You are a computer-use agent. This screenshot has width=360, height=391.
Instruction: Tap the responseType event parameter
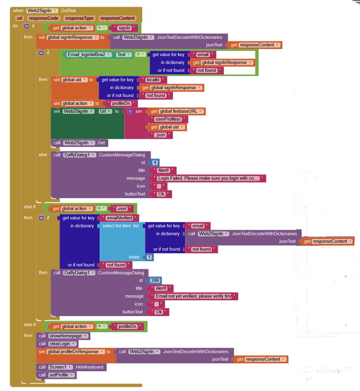tap(78, 18)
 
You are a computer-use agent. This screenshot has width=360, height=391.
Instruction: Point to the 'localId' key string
tap(155, 80)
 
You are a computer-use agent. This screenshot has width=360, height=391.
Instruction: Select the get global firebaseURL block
tap(177, 111)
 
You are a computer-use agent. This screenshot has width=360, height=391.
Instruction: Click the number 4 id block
tap(155, 163)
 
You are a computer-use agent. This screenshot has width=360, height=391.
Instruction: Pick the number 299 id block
tap(155, 280)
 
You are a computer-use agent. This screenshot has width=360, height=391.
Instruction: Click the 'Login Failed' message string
tap(208, 178)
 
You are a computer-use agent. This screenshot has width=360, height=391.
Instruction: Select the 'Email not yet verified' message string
tap(194, 296)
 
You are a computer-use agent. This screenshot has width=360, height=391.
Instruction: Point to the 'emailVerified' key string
tap(119, 218)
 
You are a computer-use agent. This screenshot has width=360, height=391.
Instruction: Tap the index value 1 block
tap(149, 257)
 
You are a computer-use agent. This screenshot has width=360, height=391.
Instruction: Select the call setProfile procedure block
tap(57, 375)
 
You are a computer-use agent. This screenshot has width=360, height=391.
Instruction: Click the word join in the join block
tap(139, 111)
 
